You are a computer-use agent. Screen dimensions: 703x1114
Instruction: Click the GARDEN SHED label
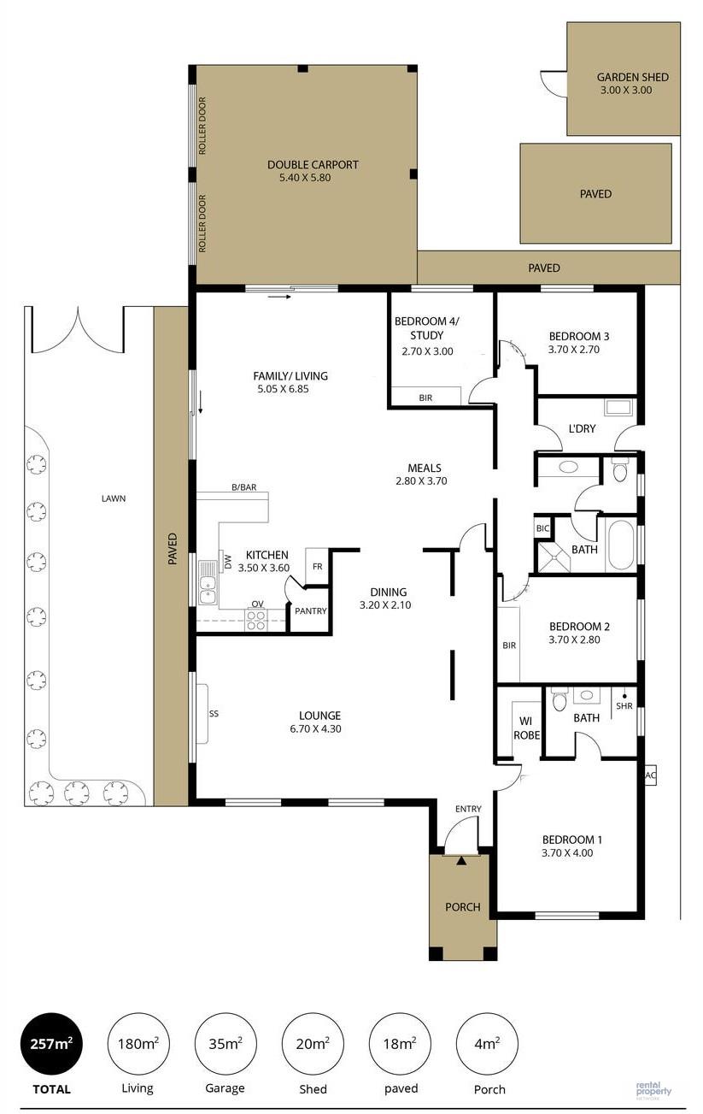[x=632, y=77]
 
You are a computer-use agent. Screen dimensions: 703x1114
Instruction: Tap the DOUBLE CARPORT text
[x=313, y=165]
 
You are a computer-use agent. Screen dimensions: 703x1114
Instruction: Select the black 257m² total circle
[x=51, y=1043]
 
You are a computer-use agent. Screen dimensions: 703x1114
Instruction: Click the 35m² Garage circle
[x=225, y=1043]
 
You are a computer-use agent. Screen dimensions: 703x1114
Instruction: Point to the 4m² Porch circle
[x=487, y=1043]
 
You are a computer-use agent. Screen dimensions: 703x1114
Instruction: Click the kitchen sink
[x=208, y=582]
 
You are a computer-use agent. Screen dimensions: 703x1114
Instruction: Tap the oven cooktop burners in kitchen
[x=256, y=621]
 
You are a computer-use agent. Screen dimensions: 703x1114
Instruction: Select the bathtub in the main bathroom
[x=621, y=545]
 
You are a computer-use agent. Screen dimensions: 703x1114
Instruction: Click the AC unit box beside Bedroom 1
[x=650, y=775]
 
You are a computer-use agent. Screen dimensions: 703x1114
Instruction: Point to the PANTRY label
[x=311, y=610]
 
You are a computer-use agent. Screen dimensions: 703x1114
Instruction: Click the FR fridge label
[x=318, y=567]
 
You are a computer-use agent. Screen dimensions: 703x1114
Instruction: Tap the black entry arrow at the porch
[x=461, y=861]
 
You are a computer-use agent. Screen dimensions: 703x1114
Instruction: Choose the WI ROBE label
[x=526, y=728]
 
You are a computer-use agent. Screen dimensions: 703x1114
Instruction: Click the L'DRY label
[x=582, y=428]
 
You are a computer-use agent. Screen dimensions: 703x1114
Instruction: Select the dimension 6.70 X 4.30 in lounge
[x=315, y=728]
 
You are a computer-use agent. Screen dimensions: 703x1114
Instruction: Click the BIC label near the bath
[x=542, y=528]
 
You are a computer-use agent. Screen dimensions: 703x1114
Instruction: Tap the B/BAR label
[x=244, y=487]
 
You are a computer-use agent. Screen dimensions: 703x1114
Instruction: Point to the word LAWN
[x=114, y=498]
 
